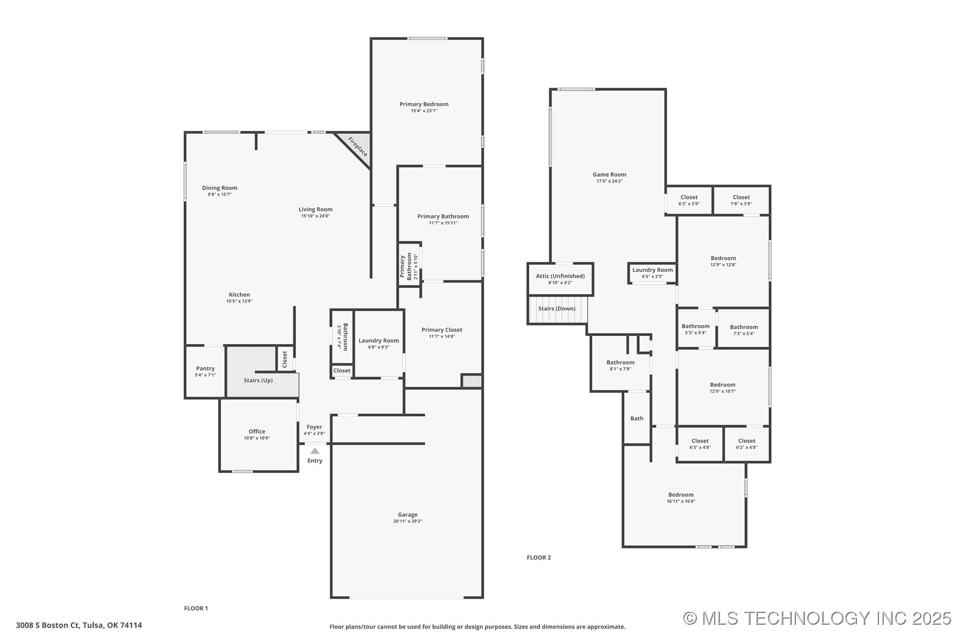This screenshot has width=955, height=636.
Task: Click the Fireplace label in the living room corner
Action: coord(357,147)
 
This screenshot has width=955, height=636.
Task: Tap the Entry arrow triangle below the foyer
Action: coord(315,451)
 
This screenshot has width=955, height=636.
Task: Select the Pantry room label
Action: coord(205,368)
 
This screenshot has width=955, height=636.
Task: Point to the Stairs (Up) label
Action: coord(258,380)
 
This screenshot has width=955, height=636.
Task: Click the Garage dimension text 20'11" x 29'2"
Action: coord(408,521)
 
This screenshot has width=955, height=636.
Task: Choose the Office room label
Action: coord(257,432)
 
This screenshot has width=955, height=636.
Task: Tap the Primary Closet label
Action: coord(442,330)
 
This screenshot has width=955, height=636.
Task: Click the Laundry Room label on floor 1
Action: coord(379,341)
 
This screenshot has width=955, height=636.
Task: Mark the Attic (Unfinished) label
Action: coord(560,276)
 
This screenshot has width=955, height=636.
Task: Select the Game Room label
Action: coord(609,175)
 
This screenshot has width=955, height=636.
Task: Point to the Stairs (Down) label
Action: coord(556,308)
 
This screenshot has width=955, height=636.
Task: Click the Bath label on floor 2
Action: coord(637,419)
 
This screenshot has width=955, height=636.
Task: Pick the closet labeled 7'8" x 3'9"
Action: coord(741,201)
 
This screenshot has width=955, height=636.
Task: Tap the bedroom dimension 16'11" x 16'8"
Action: coord(681,501)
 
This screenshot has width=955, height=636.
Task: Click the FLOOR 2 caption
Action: coord(538,557)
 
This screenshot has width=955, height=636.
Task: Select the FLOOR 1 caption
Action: coord(196,608)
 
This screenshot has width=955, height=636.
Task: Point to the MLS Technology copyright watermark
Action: coord(817,619)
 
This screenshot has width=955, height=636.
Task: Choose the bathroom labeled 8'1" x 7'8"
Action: coord(620,366)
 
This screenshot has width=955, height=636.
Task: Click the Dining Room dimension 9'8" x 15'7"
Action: coord(220,195)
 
